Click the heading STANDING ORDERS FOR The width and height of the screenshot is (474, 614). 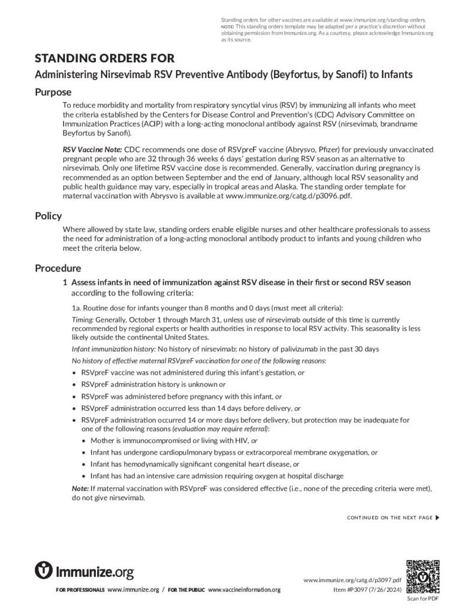(105, 58)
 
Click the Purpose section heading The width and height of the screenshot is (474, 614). (53, 92)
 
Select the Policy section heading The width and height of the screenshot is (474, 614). (49, 216)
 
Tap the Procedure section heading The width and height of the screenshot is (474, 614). (58, 268)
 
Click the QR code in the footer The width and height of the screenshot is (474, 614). (423, 576)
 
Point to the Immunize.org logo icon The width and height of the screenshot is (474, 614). (44, 570)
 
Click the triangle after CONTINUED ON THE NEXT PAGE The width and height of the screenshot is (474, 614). (437, 517)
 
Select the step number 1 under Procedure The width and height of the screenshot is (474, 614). (65, 282)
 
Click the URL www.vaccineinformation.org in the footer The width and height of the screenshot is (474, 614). (244, 590)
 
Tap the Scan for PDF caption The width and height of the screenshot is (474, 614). (423, 598)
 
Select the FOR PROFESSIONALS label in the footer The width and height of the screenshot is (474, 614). (80, 590)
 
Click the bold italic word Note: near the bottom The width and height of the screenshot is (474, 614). (81, 489)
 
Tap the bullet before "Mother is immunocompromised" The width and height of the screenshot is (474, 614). (84, 440)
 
